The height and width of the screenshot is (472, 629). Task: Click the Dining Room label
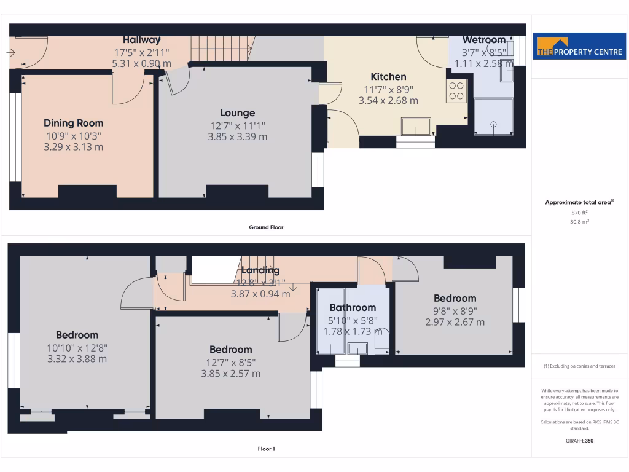click(x=73, y=123)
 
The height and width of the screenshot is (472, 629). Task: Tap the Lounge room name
click(x=237, y=113)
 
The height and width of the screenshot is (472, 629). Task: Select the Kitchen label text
click(x=388, y=77)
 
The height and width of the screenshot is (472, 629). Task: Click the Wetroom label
click(x=483, y=40)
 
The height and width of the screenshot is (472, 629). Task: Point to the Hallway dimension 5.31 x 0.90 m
click(x=141, y=63)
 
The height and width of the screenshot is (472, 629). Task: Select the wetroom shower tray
click(x=493, y=117)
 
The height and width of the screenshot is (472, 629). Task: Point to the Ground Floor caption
click(x=266, y=227)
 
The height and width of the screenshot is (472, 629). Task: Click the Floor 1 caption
click(x=266, y=449)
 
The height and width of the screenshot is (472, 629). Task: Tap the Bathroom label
click(x=353, y=307)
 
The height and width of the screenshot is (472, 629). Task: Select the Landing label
click(x=260, y=270)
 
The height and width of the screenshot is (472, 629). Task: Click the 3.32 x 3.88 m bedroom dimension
click(x=77, y=359)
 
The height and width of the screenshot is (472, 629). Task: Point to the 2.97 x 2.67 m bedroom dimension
click(x=455, y=322)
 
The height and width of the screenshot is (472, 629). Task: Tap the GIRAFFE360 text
click(x=580, y=441)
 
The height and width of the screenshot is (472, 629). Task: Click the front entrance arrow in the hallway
click(x=11, y=53)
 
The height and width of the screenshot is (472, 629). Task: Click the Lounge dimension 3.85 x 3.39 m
click(x=237, y=137)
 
